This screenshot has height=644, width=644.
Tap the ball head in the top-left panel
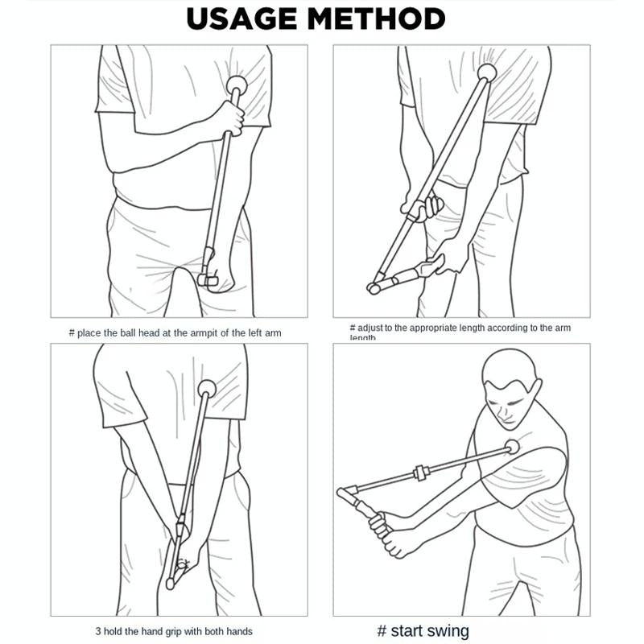pyautogui.click(x=237, y=83)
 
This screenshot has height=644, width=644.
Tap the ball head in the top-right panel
pyautogui.click(x=487, y=73)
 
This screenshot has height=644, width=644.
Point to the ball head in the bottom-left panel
pyautogui.click(x=207, y=387)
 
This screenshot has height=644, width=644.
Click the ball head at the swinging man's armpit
pyautogui.click(x=512, y=448)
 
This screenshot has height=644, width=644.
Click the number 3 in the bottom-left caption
pyautogui.click(x=97, y=632)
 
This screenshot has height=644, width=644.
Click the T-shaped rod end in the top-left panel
pyautogui.click(x=208, y=279)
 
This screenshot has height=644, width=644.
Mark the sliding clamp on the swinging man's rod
pyautogui.click(x=418, y=472)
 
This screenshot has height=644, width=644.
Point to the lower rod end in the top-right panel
pyautogui.click(x=374, y=287)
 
